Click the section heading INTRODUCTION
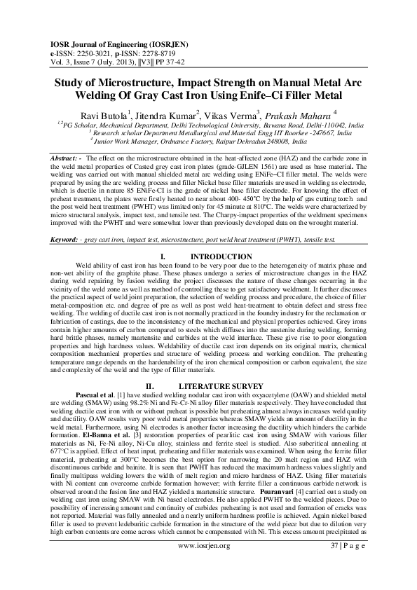click(221, 257)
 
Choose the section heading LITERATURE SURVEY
click(221, 386)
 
